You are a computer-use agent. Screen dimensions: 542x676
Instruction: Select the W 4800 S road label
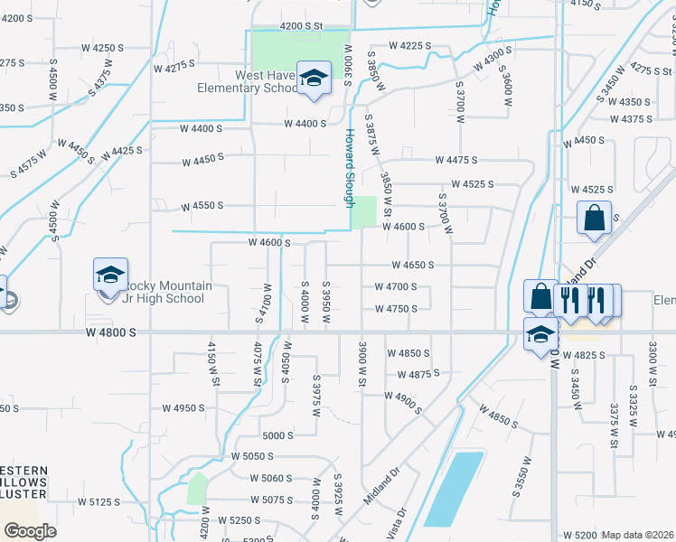111,333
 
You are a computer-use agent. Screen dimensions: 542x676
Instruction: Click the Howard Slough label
349,167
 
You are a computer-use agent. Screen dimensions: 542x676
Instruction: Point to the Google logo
30,531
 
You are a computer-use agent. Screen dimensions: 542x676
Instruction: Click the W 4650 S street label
413,266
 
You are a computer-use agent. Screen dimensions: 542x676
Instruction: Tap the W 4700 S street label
396,287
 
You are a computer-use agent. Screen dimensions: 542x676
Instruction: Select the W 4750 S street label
396,309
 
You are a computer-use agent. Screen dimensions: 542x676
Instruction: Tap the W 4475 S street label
455,160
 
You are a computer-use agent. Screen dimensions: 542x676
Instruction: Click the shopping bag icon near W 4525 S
594,218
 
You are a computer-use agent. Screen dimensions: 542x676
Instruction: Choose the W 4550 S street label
202,206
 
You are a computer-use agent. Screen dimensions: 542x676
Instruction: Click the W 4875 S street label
418,373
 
